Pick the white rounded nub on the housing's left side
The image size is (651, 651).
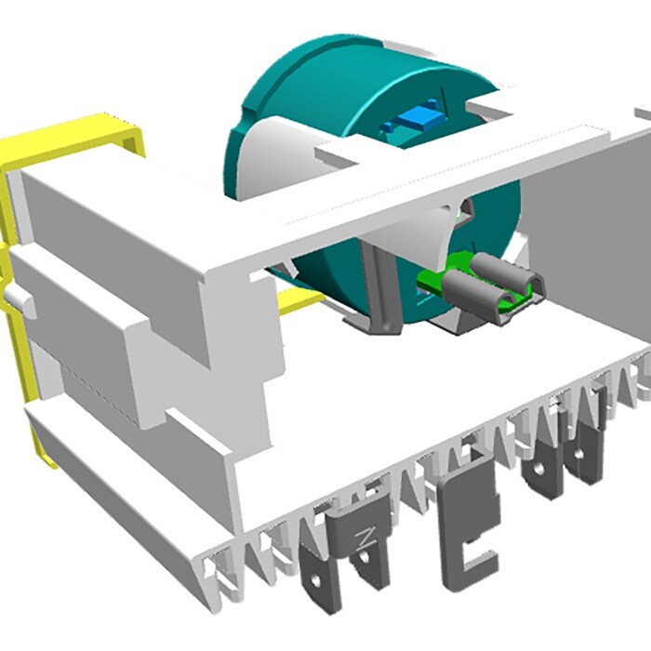(14, 298)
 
